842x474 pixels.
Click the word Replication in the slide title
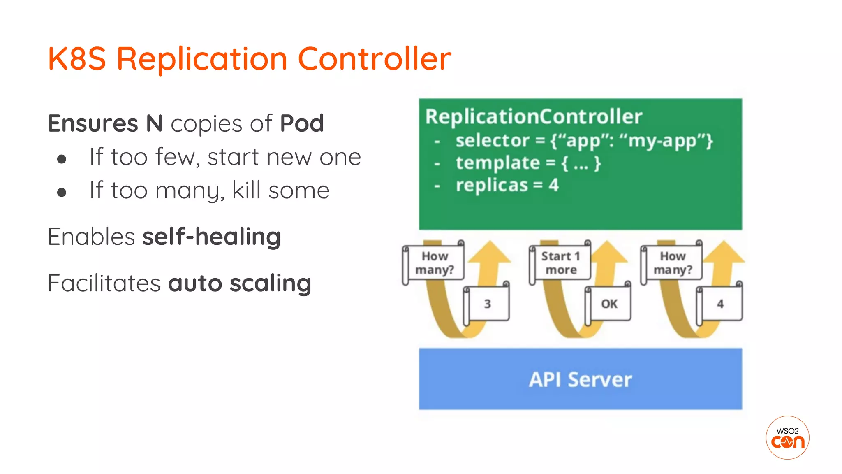(201, 59)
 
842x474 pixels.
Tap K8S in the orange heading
(77, 59)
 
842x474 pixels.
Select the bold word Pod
(302, 123)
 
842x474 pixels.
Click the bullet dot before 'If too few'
(62, 159)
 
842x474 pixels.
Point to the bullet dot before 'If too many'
(62, 192)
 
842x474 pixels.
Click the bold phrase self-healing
(211, 237)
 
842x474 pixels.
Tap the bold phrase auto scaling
(239, 283)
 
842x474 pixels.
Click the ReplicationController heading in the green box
(533, 116)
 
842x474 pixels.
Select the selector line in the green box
(584, 141)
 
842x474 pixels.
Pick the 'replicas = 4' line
(507, 185)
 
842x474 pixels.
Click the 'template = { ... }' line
(528, 163)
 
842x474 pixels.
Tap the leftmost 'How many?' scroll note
(434, 263)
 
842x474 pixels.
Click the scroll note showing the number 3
(487, 304)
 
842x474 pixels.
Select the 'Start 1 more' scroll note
(560, 263)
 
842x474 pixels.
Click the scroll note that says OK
(608, 304)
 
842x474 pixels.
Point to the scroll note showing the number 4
(720, 304)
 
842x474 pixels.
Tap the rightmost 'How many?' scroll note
(672, 263)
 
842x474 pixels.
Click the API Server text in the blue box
(580, 379)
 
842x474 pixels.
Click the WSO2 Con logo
(787, 438)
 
